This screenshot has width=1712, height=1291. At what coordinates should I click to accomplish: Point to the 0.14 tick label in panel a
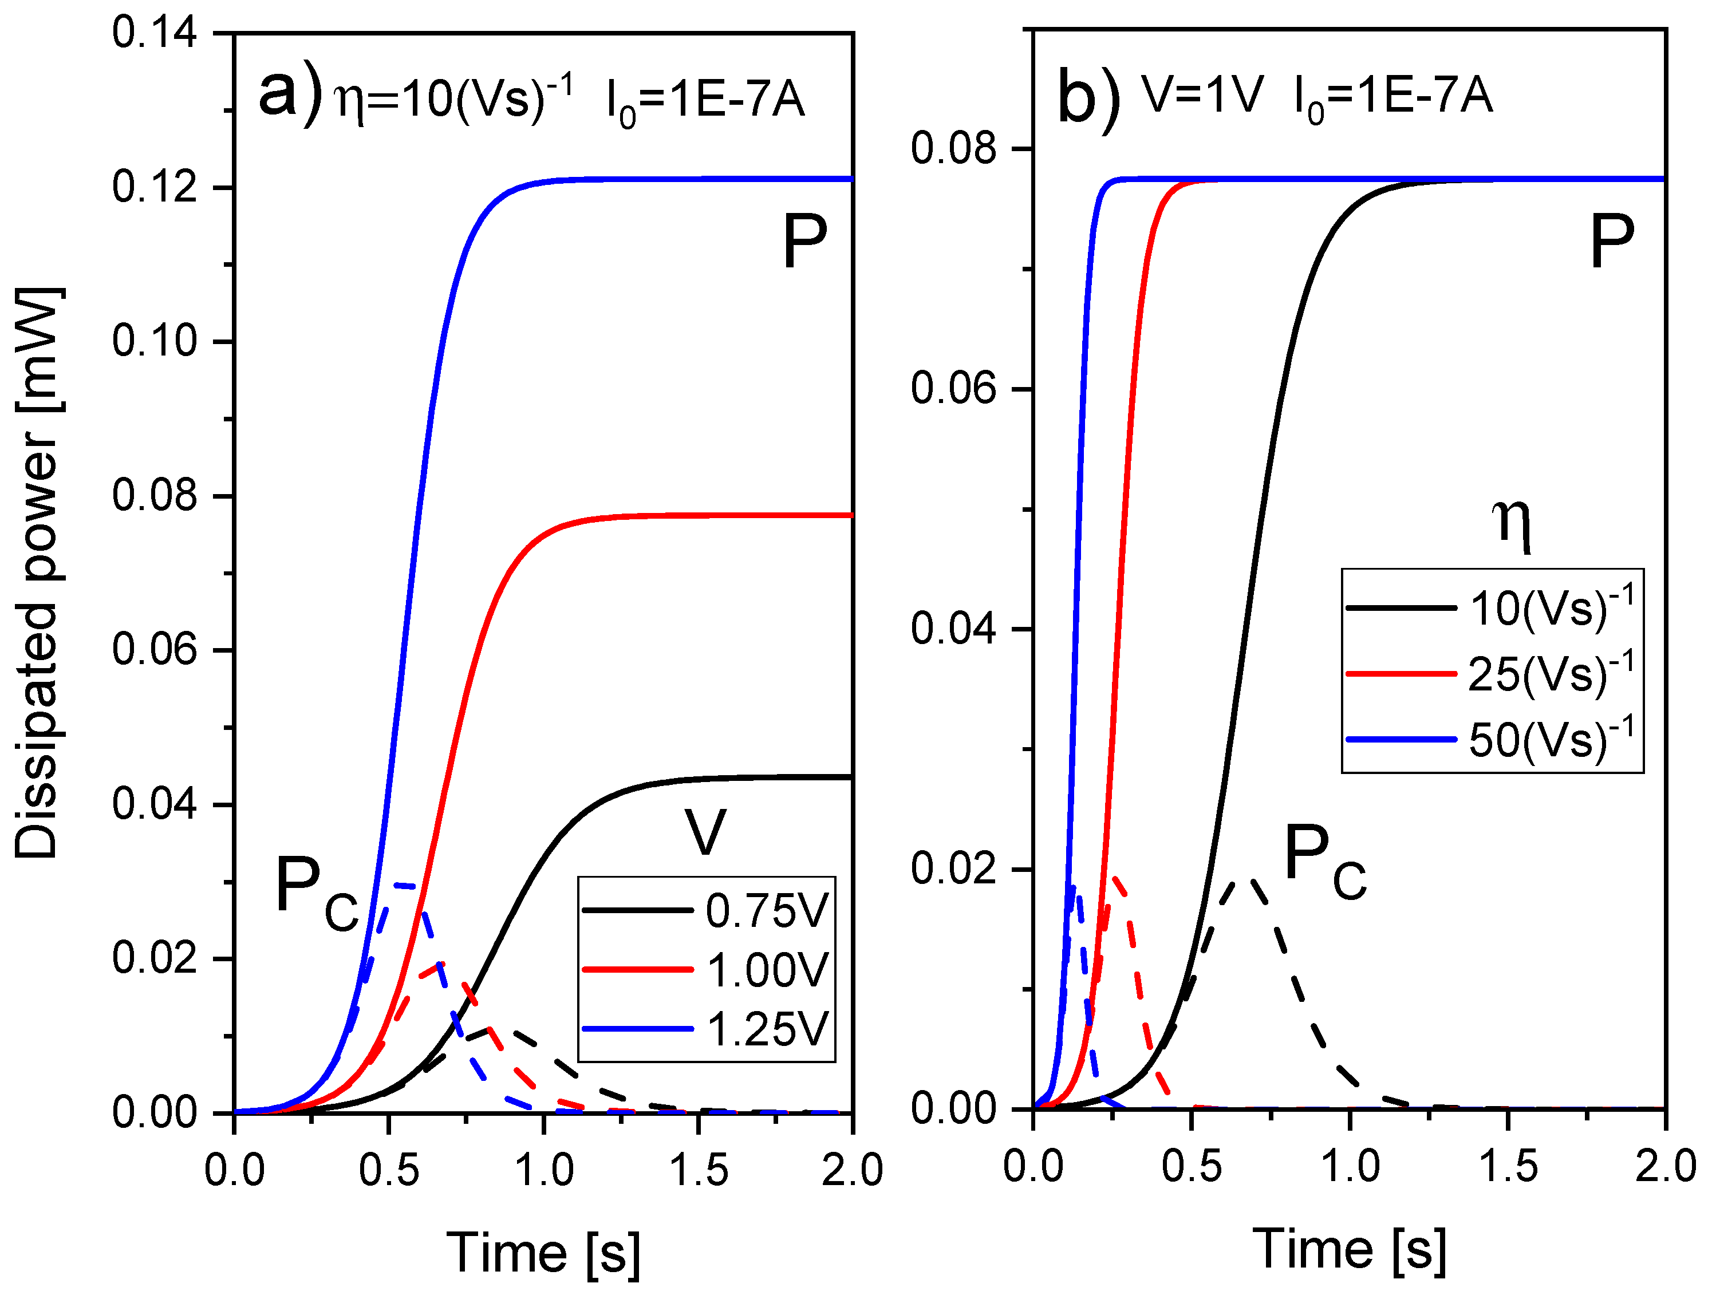[x=154, y=33]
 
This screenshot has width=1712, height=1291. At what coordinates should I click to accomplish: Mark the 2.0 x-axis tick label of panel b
[x=1664, y=1166]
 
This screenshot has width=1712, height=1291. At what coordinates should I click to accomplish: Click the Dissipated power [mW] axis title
[x=37, y=573]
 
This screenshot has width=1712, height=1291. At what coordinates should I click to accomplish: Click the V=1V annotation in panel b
[x=1202, y=95]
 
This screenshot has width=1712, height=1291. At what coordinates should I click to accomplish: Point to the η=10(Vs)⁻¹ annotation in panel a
[x=453, y=98]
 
